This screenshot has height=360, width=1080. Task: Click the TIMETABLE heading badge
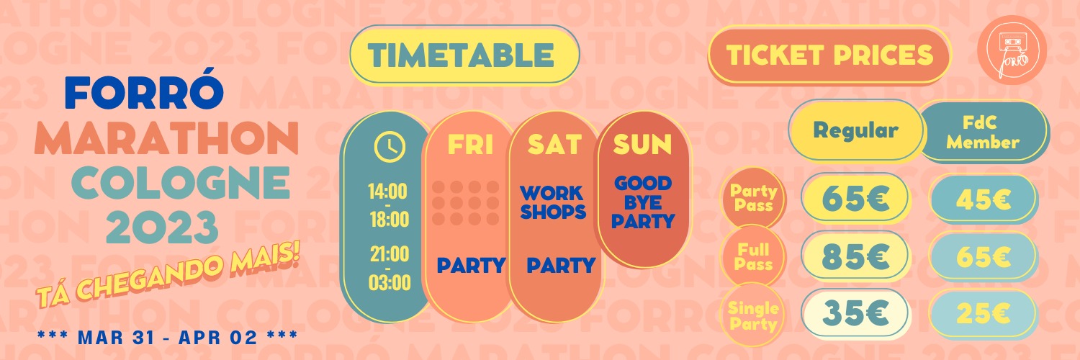tap(464, 55)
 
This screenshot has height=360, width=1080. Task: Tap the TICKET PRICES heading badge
tap(829, 55)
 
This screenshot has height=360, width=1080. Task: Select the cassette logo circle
tap(1012, 50)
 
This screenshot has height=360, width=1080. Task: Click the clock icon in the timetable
tap(389, 146)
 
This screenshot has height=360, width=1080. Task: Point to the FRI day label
tap(470, 144)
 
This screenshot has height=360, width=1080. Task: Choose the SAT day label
tap(554, 144)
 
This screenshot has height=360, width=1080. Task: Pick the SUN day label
tap(642, 144)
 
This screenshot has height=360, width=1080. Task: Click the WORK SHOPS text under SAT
tap(553, 202)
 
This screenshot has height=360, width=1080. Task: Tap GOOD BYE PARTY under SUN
tap(643, 202)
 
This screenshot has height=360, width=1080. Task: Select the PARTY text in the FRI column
tap(471, 266)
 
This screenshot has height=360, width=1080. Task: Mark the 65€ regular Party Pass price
tap(855, 198)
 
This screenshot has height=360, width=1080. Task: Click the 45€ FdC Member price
tap(984, 199)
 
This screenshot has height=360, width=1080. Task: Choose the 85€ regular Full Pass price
tap(855, 256)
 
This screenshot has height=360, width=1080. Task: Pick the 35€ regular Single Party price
tap(855, 313)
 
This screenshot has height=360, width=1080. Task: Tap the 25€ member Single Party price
tap(984, 314)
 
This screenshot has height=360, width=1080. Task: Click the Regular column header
tap(856, 130)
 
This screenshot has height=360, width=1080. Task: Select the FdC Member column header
tap(983, 132)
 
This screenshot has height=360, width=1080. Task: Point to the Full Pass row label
tap(753, 257)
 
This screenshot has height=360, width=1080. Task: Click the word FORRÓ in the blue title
tap(144, 92)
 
